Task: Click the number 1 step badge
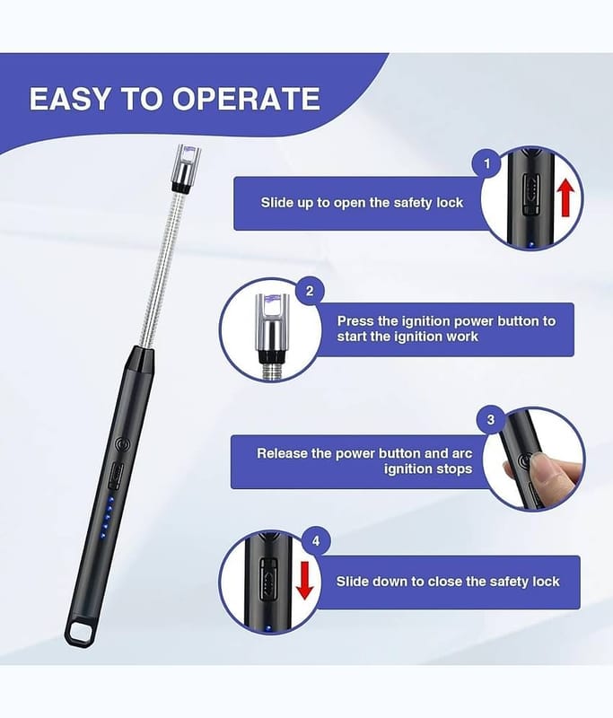point(486,163)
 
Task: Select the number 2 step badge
point(310,291)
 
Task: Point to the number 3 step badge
point(491,420)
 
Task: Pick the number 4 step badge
point(316,541)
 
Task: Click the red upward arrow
point(565,197)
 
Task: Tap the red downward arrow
point(304,580)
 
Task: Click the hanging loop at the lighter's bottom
point(83,633)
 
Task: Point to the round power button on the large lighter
point(122,443)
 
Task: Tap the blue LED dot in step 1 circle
point(531,245)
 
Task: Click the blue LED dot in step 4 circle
point(268,628)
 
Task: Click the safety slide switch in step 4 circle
point(268,579)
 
